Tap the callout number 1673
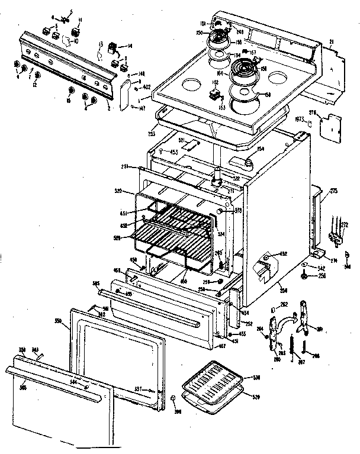pyautogui.click(x=300, y=119)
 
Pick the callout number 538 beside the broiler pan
pyautogui.click(x=256, y=377)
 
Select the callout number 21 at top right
pyautogui.click(x=331, y=41)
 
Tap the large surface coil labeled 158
pyautogui.click(x=244, y=74)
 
